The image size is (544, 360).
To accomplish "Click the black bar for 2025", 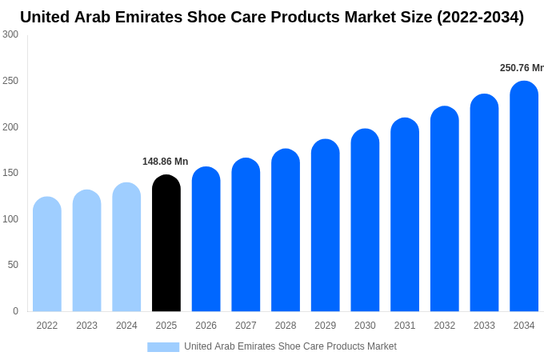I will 166,243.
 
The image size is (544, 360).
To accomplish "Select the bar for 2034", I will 524,197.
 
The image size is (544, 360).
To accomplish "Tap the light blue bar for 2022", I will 47,254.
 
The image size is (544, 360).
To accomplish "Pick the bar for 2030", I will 365,220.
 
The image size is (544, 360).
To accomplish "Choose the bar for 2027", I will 246,235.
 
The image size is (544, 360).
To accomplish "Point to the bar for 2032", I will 445,209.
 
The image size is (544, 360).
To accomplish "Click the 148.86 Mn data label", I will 165,162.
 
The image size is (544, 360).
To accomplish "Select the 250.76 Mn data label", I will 521,68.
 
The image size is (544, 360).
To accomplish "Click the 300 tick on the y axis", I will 10,34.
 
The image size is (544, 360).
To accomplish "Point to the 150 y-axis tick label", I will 10,173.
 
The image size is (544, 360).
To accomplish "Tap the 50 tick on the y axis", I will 13,265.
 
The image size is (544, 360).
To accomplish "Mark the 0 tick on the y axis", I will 15,311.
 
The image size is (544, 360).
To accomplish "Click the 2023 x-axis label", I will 86,326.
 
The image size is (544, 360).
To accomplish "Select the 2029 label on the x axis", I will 325,326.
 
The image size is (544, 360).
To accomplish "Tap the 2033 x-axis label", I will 484,326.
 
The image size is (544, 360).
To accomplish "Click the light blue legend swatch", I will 163,346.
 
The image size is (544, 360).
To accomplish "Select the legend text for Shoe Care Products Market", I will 290,346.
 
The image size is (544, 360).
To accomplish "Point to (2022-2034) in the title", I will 480,17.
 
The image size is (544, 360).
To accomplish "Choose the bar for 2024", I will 126,247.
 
